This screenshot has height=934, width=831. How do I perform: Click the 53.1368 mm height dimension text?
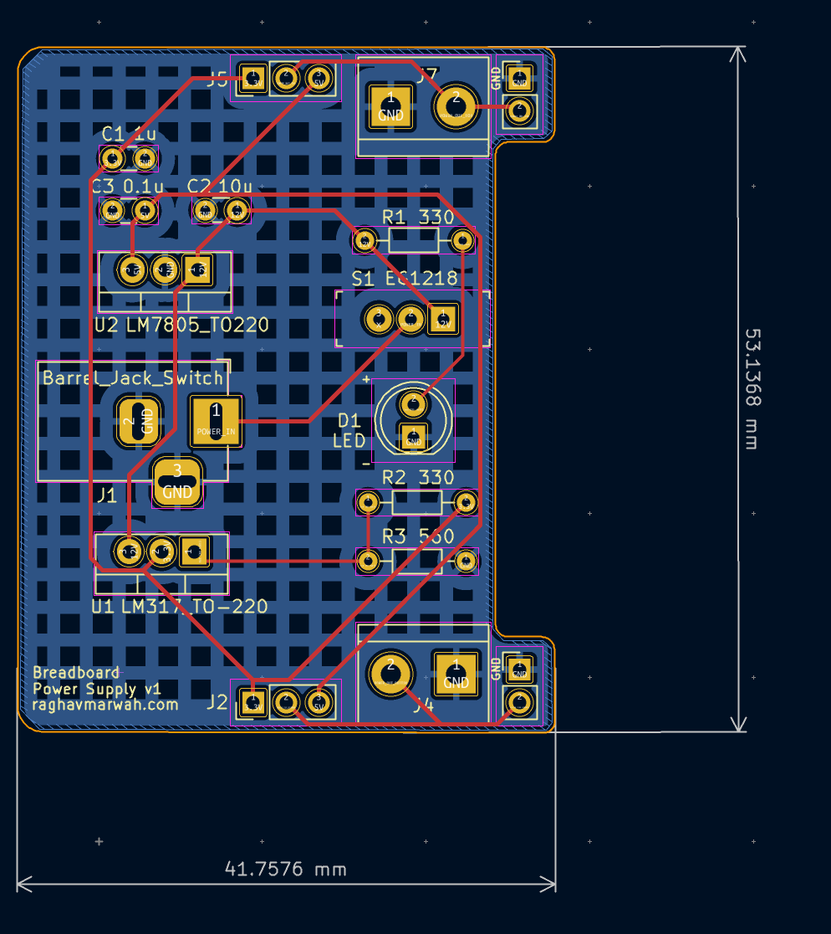752,389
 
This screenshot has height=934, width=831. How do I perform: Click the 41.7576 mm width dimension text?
285,869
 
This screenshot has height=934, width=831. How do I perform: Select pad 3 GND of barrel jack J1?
177,483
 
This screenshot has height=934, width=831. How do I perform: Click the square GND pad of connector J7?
391,107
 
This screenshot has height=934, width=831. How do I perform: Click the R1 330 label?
417,218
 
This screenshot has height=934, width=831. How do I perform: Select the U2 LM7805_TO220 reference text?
181,325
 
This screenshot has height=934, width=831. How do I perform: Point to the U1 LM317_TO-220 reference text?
179,606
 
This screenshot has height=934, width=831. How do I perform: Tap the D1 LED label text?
349,430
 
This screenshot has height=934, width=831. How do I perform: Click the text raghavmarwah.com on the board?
105,705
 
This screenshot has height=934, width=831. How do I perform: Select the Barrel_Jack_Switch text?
133,377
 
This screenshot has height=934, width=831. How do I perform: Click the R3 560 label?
418,536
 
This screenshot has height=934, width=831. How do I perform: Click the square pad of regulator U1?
193,551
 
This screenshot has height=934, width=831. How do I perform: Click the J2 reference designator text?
217,701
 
